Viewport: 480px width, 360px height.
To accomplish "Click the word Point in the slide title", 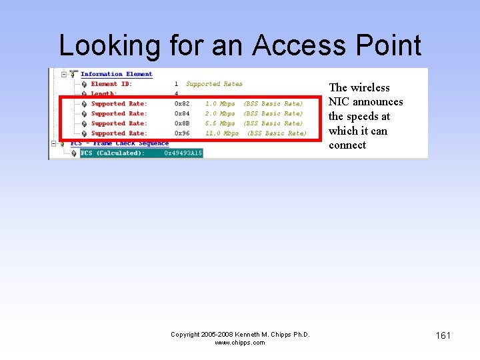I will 389,45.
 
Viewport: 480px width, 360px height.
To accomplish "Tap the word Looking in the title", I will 109,45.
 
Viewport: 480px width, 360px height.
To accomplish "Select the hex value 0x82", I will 182,104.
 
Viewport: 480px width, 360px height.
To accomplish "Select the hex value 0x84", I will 182,114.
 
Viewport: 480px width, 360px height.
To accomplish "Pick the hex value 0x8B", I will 182,123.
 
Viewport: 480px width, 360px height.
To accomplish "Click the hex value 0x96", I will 182,133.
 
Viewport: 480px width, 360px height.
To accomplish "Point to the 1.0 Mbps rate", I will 220,104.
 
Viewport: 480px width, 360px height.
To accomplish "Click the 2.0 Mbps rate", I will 220,114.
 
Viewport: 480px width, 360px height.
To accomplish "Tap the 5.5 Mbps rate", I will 220,123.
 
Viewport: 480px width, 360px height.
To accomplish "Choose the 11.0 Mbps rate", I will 222,133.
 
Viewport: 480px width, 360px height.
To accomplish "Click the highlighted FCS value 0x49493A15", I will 183,153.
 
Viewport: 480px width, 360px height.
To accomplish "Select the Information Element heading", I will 117,74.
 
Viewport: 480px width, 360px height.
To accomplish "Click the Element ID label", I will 111,84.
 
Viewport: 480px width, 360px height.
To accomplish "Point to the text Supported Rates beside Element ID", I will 214,84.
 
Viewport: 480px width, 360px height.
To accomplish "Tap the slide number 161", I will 443,335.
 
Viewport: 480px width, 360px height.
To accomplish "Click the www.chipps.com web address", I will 240,343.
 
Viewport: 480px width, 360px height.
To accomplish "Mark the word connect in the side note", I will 347,145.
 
